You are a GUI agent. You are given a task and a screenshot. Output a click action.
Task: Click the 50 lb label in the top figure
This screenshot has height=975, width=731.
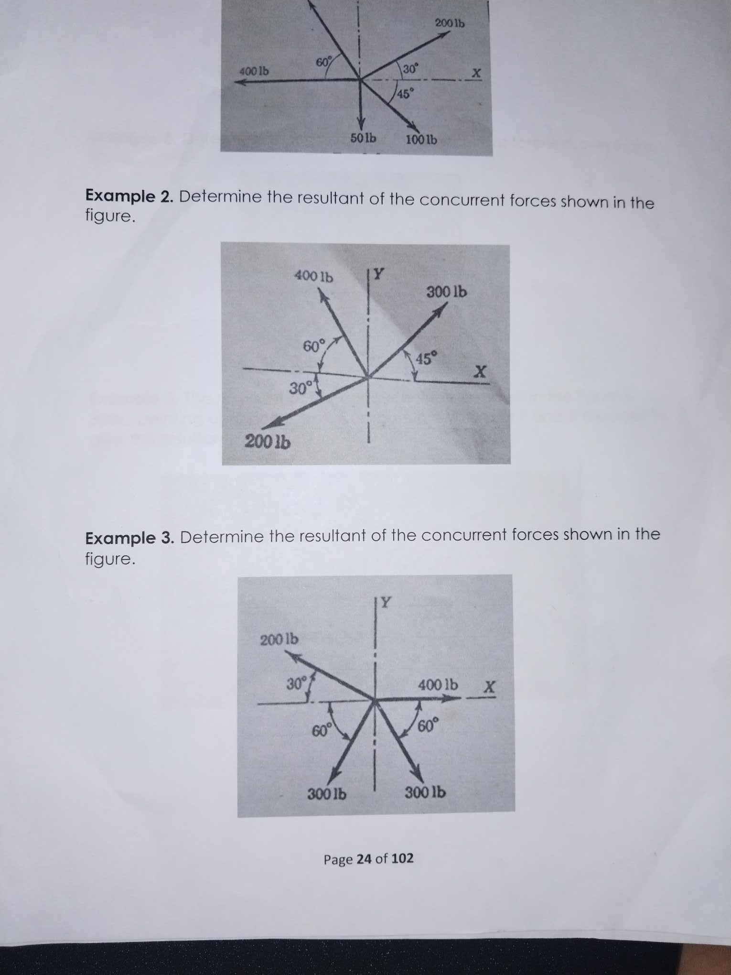point(363,138)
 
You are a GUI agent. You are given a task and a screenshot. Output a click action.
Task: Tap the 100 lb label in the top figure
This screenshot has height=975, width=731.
point(421,140)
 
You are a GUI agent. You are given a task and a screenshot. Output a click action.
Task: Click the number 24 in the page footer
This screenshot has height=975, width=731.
point(364,859)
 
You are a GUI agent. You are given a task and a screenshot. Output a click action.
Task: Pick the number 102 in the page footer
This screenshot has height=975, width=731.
point(402,858)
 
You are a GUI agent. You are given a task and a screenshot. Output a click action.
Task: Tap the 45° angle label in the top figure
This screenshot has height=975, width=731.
point(404,94)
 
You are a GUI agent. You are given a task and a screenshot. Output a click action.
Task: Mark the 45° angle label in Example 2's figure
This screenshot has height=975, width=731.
point(426,358)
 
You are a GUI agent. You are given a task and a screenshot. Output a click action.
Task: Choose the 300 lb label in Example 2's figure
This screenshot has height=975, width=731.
point(446,292)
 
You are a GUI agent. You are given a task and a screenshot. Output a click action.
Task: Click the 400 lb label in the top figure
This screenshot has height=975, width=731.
point(254,72)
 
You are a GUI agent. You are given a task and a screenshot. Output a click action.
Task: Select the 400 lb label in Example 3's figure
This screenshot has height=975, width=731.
point(438,685)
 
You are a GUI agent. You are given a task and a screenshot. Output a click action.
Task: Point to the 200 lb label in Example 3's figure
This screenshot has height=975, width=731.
point(279,639)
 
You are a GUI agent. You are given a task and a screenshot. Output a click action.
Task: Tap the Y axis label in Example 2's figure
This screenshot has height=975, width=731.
point(378,274)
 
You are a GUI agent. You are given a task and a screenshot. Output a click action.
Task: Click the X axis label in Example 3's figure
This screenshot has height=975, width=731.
point(489,687)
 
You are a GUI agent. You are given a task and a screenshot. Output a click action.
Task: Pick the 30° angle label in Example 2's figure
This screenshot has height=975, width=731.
point(301,388)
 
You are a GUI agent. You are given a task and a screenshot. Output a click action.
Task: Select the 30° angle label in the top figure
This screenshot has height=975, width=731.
point(410,69)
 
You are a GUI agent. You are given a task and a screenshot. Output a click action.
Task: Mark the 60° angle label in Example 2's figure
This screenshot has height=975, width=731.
point(314,346)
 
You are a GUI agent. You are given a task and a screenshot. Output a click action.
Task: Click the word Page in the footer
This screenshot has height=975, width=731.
point(338,859)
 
